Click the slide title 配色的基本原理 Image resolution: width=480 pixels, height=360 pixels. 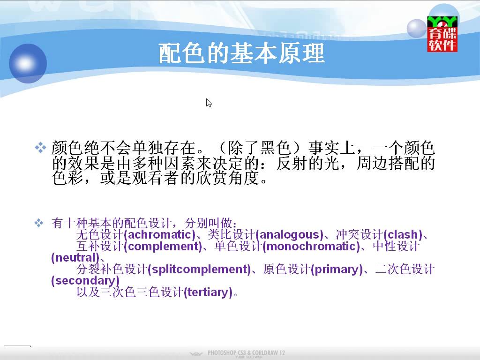click(x=241, y=53)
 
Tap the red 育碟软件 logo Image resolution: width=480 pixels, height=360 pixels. click(x=442, y=34)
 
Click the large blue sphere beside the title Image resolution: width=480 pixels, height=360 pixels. click(x=28, y=63)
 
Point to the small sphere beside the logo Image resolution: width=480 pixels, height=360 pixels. click(x=417, y=28)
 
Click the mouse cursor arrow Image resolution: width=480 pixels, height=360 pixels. click(x=209, y=103)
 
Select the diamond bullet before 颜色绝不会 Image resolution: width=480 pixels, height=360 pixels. click(x=40, y=148)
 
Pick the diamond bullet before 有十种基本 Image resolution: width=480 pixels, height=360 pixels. click(x=39, y=223)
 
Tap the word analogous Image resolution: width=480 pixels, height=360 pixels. click(x=289, y=235)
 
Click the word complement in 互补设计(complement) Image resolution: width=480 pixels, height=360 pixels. click(x=163, y=247)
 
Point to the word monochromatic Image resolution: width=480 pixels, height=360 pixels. click(x=311, y=247)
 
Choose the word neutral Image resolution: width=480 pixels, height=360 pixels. click(x=75, y=258)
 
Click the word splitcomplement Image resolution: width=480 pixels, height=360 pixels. click(x=199, y=270)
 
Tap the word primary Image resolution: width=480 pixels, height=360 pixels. click(x=337, y=270)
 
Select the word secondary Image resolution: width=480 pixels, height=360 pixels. click(x=85, y=281)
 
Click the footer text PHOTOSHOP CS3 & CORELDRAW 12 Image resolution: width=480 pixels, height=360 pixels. click(x=246, y=352)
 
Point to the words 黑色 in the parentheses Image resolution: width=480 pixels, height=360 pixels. click(x=276, y=148)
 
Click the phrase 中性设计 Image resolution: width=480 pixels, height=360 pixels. click(x=396, y=247)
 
